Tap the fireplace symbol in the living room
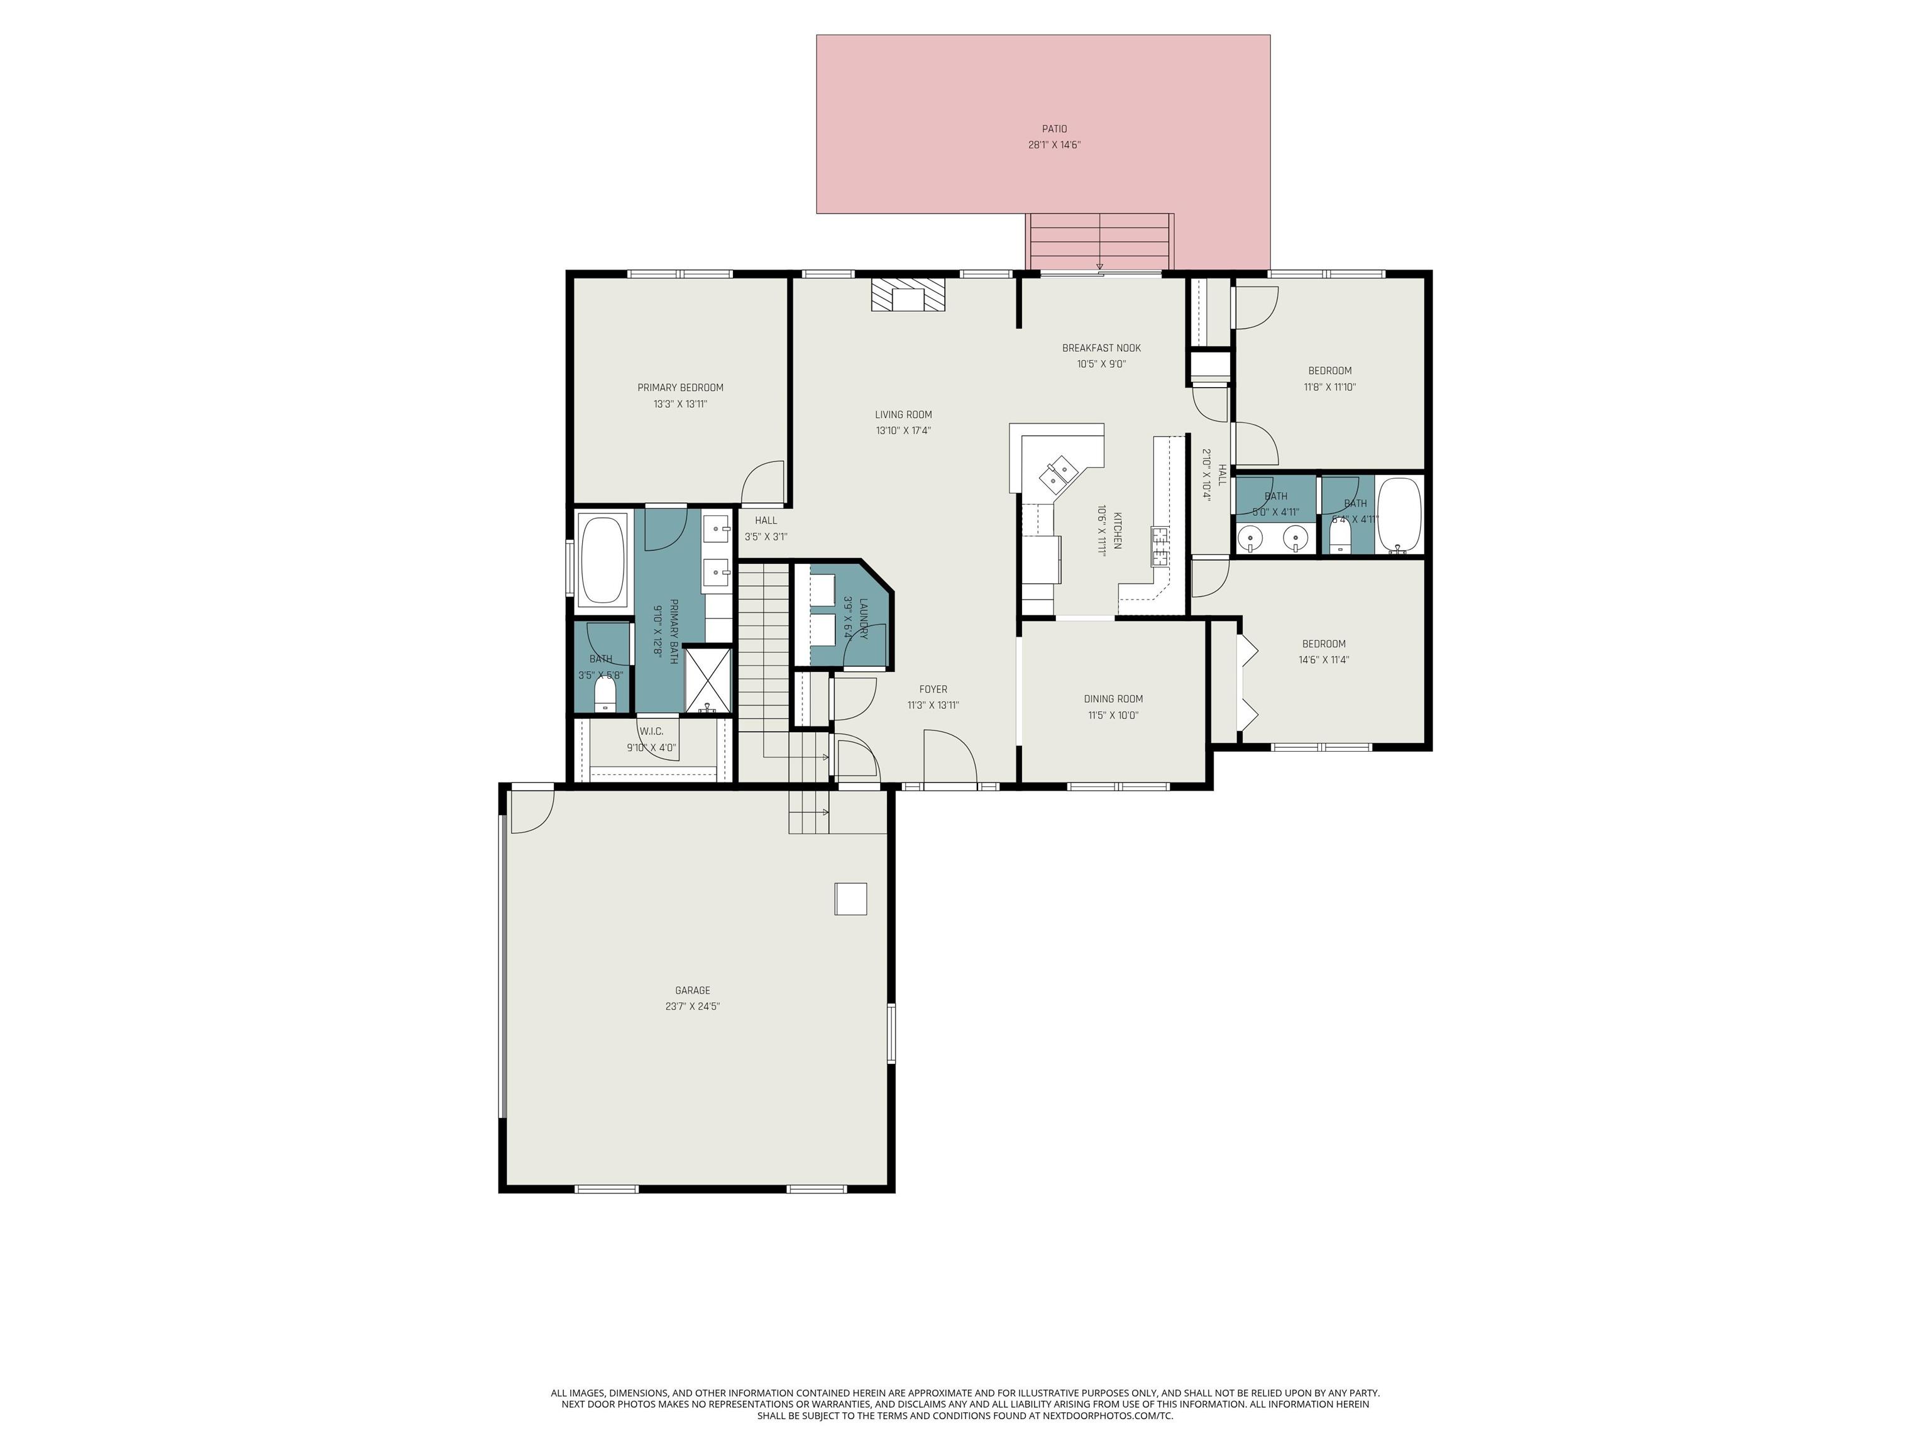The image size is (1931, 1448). pos(908,295)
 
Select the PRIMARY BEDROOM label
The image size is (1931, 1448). pos(680,388)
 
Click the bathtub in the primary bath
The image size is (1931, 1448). pos(602,559)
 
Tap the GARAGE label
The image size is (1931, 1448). pos(692,990)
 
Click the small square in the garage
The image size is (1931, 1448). pos(851,898)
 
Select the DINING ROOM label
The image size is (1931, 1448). pos(1113,698)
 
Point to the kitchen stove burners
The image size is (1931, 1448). pos(1161,547)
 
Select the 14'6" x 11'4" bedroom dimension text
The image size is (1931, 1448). pos(1323,660)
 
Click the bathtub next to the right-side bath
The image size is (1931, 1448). pos(1399,515)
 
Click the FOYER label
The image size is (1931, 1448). pos(933,689)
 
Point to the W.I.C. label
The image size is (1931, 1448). pos(651,732)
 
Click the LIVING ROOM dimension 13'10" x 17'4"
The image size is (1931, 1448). pos(903,431)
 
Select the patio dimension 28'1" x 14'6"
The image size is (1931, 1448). pos(1054,146)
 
